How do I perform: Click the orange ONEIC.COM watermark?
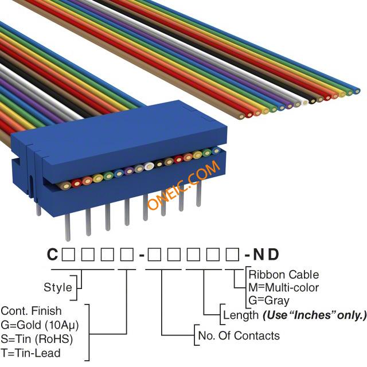coord(183,185)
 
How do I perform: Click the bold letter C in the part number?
coord(52,254)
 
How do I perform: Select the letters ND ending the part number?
coord(266,254)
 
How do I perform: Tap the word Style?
coord(58,287)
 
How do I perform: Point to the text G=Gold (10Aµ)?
coord(40,325)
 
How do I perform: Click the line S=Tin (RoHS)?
coord(37,339)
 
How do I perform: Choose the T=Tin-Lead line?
coord(30,353)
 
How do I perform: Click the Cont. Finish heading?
coord(31,311)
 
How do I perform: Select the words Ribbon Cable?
coord(284,275)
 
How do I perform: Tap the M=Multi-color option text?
coord(284,288)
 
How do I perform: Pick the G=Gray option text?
coord(269,300)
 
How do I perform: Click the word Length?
coord(241,315)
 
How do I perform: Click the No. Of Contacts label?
coord(239,335)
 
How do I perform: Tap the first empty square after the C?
coord(68,255)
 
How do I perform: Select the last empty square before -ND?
coord(233,255)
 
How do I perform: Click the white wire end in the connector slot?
coord(149,166)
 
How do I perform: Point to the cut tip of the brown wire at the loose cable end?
coord(241,116)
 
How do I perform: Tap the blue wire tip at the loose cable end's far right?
coord(357,91)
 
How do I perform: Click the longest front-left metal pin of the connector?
coord(68,228)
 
